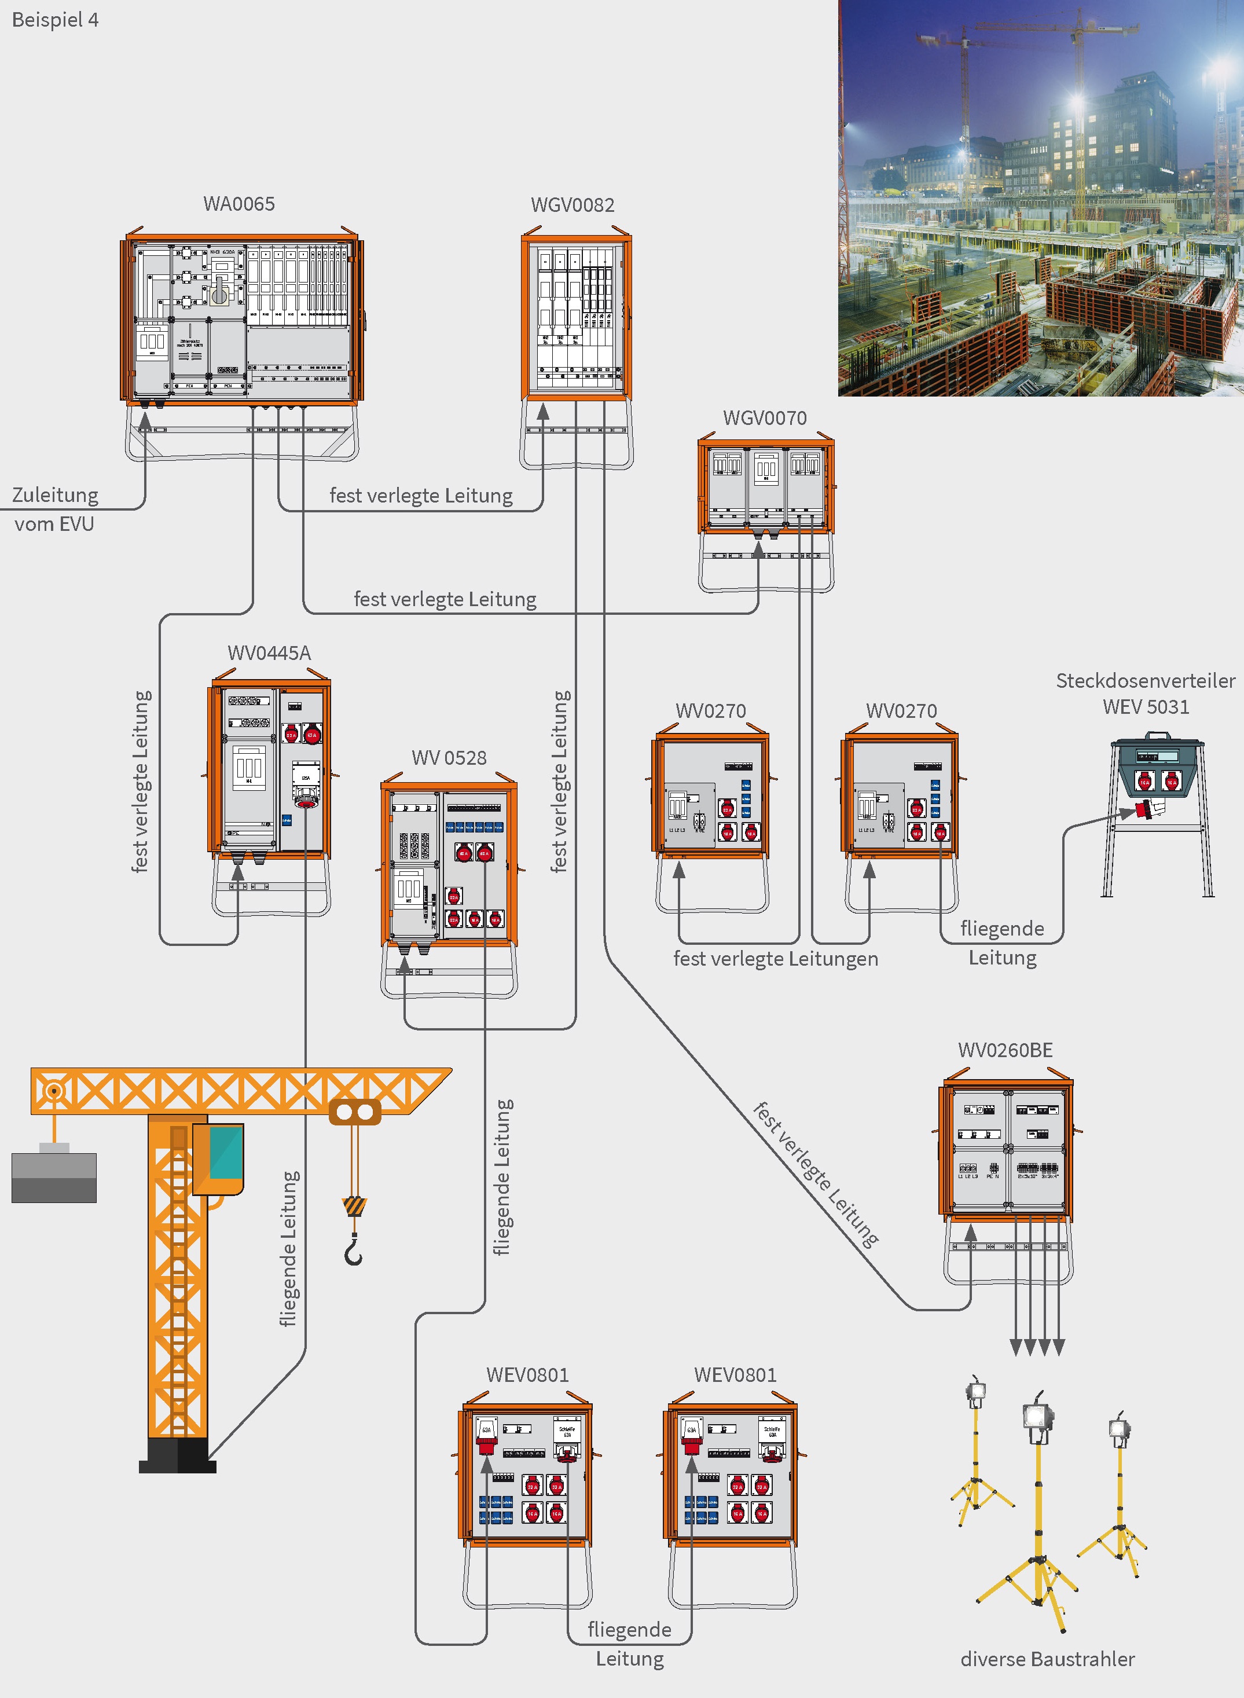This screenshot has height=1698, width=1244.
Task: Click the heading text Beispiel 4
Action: (55, 20)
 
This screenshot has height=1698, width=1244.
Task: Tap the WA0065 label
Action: (238, 204)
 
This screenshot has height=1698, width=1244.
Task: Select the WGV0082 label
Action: (573, 205)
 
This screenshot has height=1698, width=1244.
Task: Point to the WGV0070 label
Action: (764, 418)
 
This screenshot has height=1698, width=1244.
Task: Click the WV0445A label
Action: (269, 653)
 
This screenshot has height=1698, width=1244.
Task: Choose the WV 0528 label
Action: (449, 757)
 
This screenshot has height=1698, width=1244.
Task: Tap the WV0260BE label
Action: (1004, 1050)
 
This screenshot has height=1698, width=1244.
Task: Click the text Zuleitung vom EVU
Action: (54, 509)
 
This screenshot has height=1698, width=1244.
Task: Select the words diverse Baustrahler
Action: (1047, 1659)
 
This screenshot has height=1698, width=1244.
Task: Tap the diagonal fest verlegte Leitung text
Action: (816, 1175)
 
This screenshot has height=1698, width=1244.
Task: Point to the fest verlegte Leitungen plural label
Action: (775, 959)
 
